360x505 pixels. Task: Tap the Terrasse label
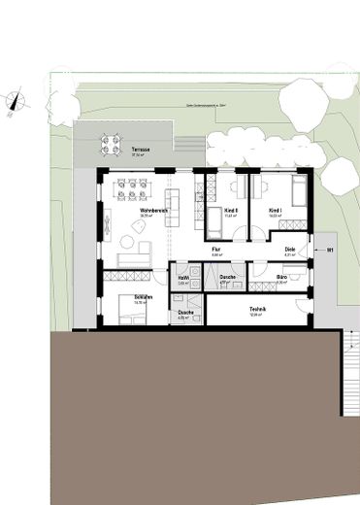pyautogui.click(x=141, y=151)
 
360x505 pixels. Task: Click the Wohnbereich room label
pyautogui.click(x=153, y=210)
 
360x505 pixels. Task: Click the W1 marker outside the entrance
pyautogui.click(x=330, y=251)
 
